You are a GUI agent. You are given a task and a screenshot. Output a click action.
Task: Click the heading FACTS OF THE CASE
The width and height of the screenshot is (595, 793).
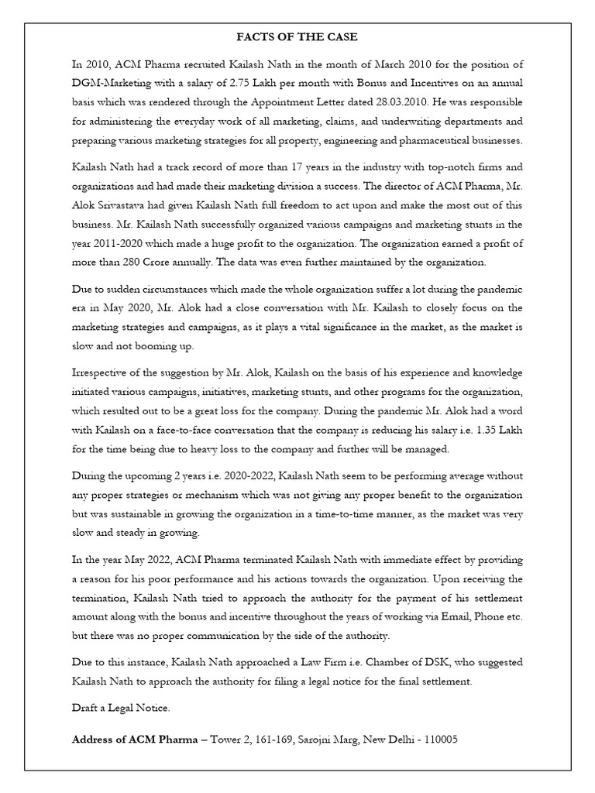tap(297, 36)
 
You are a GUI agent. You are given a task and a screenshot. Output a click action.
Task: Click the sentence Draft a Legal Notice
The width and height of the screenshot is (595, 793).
tap(119, 707)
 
